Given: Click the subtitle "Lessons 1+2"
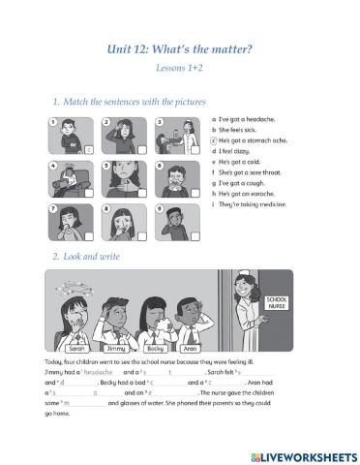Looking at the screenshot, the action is pos(179,70).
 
